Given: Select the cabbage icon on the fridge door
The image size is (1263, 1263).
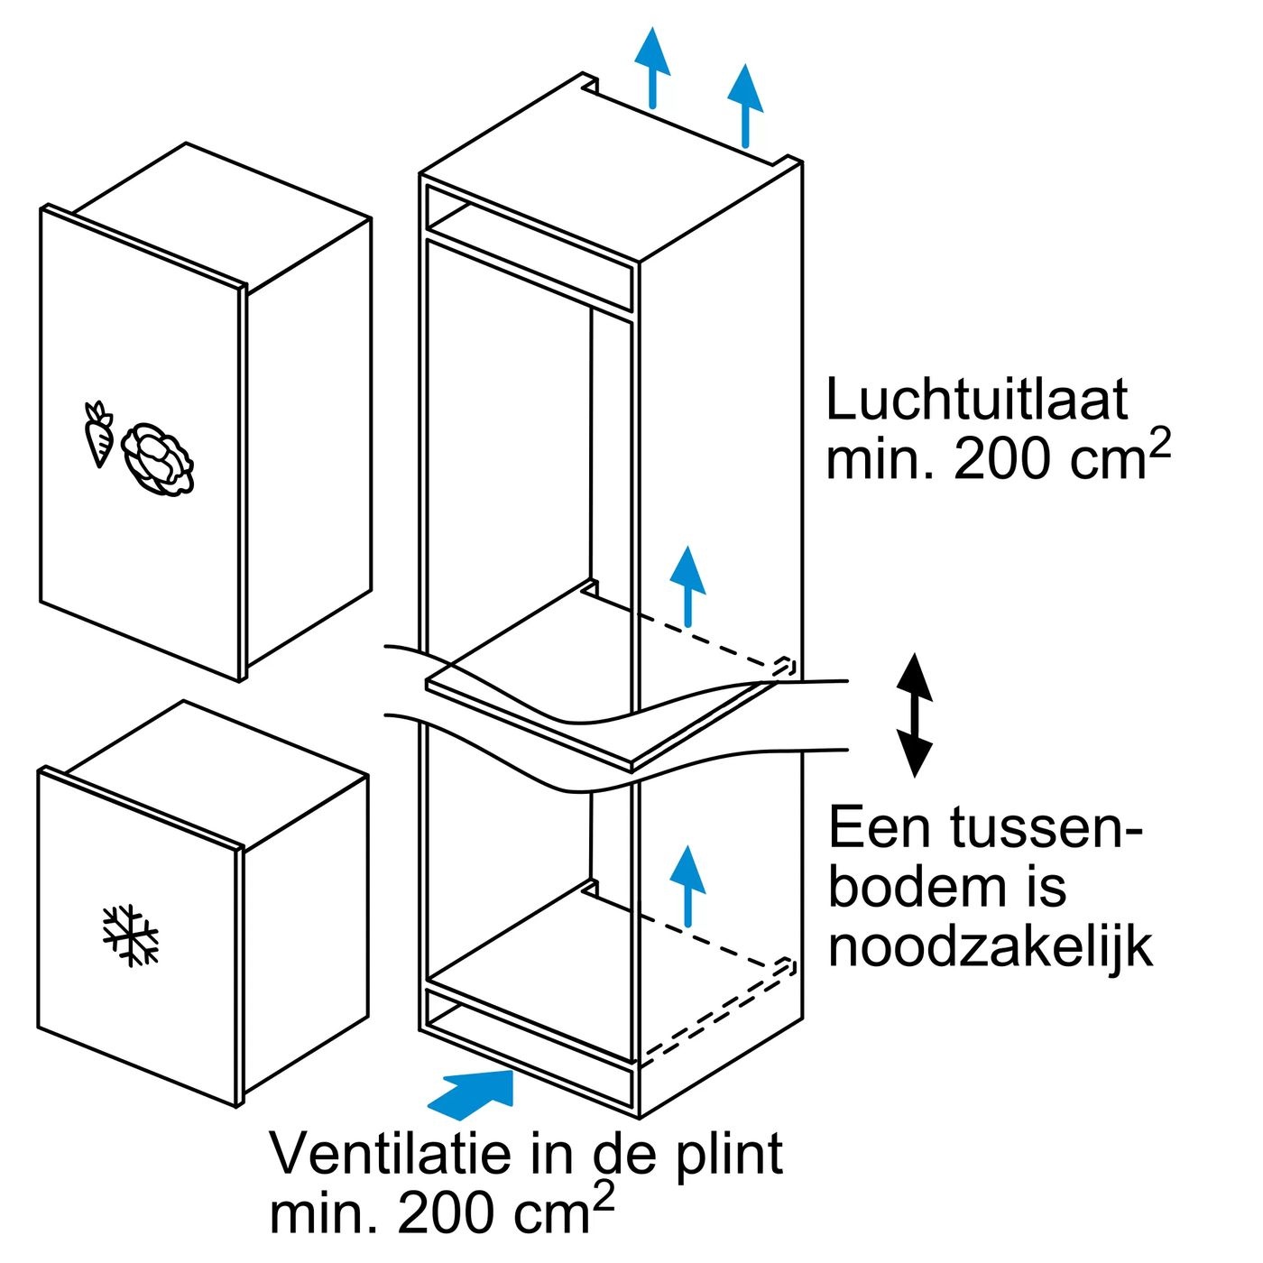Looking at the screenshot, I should click(159, 459).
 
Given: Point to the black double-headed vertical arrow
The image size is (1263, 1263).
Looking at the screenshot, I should click(914, 714).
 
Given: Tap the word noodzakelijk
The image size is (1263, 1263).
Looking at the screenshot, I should click(990, 947).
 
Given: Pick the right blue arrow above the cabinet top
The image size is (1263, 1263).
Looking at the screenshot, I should click(745, 104).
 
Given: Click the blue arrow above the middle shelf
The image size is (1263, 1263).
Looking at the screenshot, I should click(688, 585).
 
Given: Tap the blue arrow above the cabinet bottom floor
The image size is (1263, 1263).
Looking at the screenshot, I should click(689, 884).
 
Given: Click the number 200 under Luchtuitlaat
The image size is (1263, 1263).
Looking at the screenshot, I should click(1001, 460).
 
